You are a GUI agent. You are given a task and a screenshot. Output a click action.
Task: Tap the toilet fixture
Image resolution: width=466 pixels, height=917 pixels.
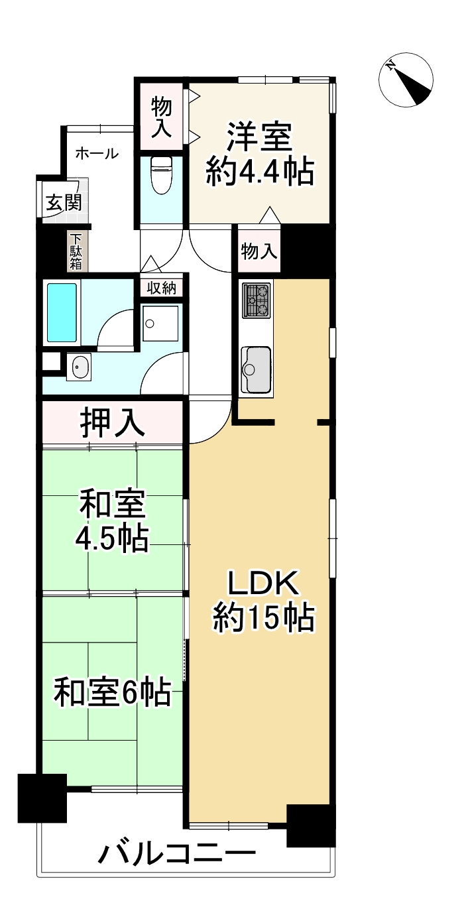point(161,174)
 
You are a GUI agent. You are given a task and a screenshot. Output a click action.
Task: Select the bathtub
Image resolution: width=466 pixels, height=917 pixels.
point(62,312)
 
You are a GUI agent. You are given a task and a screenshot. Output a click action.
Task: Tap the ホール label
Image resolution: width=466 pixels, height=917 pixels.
point(97,154)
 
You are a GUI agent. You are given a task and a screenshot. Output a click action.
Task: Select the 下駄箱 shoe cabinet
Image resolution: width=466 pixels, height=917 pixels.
point(76,251)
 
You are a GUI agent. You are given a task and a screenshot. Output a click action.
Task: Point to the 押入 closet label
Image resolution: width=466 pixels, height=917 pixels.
point(112,422)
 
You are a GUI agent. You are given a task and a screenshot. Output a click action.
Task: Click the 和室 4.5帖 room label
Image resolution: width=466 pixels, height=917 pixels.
point(112,521)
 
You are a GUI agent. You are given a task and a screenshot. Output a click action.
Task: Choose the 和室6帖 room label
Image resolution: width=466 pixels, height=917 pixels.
point(112,693)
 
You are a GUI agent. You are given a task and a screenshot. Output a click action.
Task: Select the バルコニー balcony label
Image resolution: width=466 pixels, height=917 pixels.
point(178,853)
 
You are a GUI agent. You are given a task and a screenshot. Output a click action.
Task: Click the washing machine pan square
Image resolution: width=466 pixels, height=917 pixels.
point(160,323)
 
